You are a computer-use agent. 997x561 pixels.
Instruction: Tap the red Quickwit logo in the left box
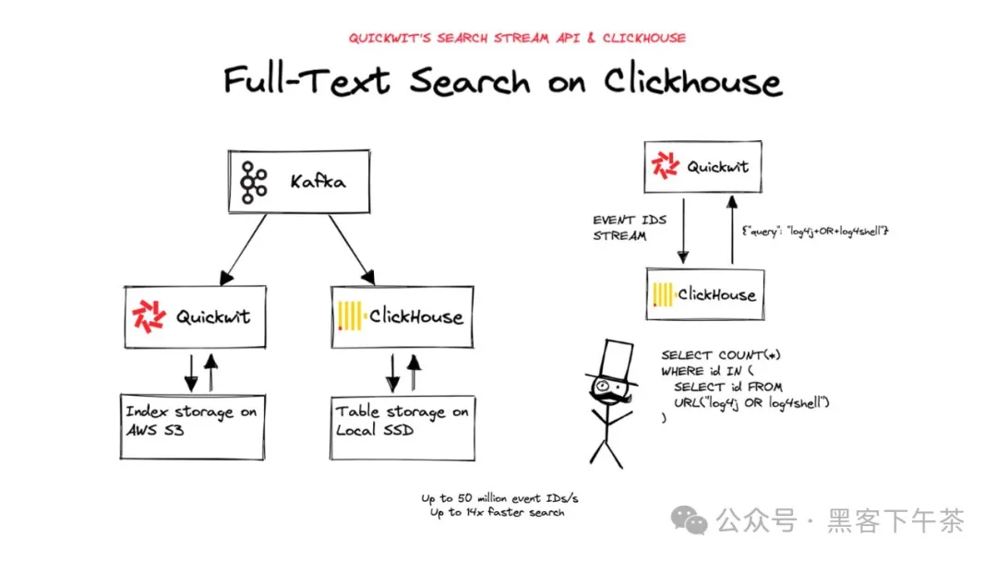click(x=150, y=316)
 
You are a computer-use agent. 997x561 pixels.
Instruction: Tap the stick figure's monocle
click(x=602, y=385)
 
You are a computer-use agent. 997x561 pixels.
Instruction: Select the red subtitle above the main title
click(x=517, y=38)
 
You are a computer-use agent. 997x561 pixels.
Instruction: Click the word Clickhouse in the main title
click(x=692, y=81)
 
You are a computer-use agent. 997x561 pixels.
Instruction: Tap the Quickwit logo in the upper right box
click(x=666, y=167)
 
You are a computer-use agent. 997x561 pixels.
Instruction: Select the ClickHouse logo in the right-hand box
click(x=663, y=294)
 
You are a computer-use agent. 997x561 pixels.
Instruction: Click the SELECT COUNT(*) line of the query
click(x=727, y=355)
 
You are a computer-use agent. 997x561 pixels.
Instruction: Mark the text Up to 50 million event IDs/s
click(x=500, y=498)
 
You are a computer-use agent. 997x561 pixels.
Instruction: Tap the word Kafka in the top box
click(x=318, y=182)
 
